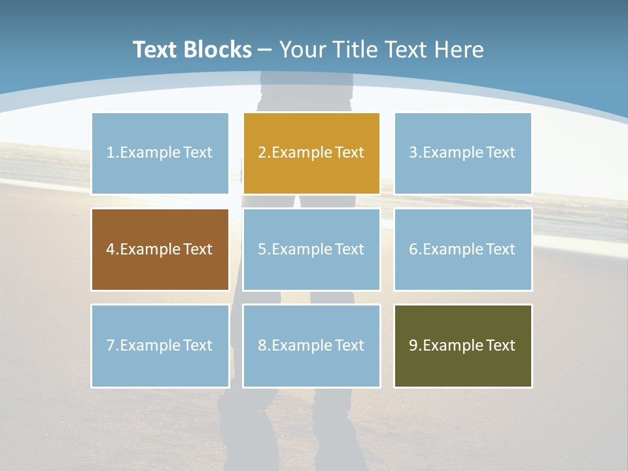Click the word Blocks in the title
pos(217,50)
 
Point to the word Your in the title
pos(302,50)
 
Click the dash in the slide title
pos(265,50)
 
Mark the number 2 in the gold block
pos(262,152)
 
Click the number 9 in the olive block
pos(413,345)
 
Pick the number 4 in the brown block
pos(111,249)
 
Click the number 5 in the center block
pos(262,249)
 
